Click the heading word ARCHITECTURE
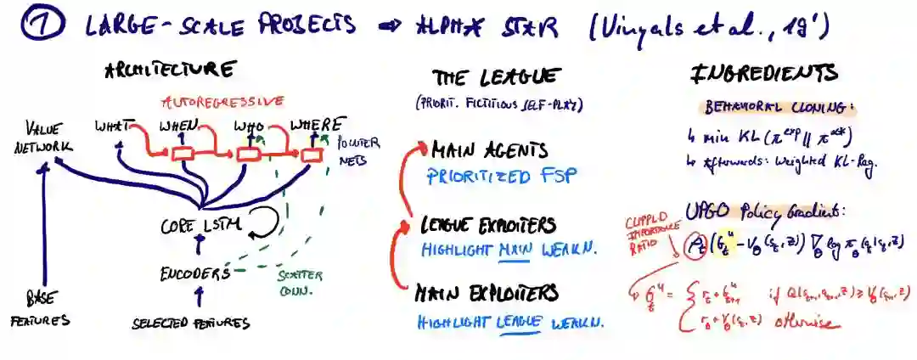[x=169, y=70]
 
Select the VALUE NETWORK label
[x=48, y=137]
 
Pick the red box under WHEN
[x=183, y=154]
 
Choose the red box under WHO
[x=248, y=155]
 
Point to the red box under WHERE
[x=312, y=155]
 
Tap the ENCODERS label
[x=195, y=273]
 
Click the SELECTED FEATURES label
[x=191, y=323]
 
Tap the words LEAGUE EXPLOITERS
[x=488, y=226]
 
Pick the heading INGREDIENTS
[x=764, y=74]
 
